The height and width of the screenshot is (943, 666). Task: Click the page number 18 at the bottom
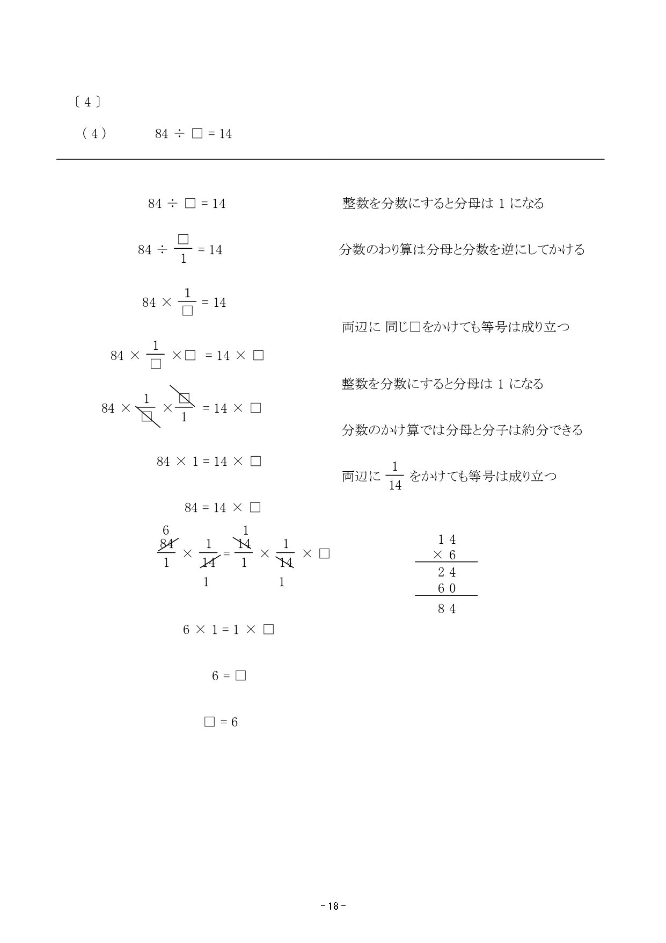coord(333,906)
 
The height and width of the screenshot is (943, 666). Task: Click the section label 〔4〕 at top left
coord(87,102)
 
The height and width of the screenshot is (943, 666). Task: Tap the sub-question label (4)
coord(94,134)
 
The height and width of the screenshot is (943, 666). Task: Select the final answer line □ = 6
coord(221,722)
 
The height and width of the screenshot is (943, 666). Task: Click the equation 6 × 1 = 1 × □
coord(228,629)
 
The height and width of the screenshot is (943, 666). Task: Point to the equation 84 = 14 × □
coord(222,507)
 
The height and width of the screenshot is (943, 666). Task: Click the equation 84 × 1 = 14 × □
coord(208,461)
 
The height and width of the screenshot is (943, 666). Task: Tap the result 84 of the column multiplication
coord(447,609)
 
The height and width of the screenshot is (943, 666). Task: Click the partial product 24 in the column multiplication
coord(447,573)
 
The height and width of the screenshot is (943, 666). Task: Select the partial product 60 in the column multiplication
coord(447,588)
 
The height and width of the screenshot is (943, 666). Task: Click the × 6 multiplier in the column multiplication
coord(445,555)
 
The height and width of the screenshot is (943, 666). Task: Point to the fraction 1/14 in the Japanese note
coord(395,476)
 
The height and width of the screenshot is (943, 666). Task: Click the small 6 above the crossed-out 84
coord(166,531)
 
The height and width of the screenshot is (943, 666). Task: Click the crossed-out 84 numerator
coord(167,544)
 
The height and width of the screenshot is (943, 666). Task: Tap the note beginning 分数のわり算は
coord(462,249)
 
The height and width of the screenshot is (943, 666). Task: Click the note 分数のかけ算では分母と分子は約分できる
coord(462,430)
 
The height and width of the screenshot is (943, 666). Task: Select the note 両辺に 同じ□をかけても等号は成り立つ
coord(455,327)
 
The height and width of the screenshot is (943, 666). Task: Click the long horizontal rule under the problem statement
coord(330,159)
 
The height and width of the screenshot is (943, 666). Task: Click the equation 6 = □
coord(229,675)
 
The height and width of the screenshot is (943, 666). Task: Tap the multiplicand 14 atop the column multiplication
coord(447,539)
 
